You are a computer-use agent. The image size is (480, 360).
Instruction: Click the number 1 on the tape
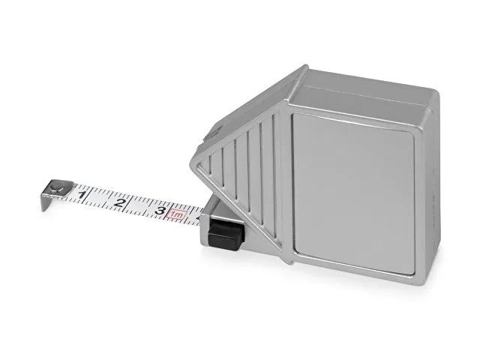pyautogui.click(x=82, y=195)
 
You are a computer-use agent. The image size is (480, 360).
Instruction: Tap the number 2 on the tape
pyautogui.click(x=120, y=202)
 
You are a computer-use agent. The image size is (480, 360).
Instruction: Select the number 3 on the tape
pyautogui.click(x=160, y=211)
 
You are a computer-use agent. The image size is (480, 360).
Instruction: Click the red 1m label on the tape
pyautogui.click(x=177, y=215)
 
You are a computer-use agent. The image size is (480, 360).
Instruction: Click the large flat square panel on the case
pyautogui.click(x=353, y=193)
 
